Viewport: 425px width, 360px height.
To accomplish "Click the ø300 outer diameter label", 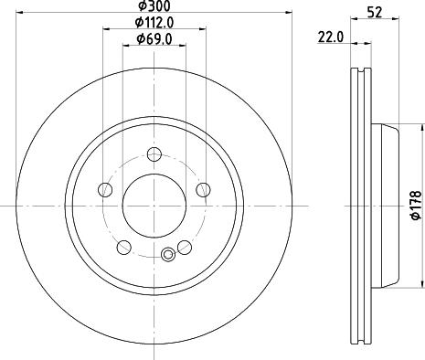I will (x=153, y=7).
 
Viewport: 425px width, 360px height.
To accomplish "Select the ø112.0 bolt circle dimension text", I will (x=153, y=22).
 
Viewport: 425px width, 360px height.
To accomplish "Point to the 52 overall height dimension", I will (x=375, y=12).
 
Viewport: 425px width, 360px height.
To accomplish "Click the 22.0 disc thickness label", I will (x=331, y=37).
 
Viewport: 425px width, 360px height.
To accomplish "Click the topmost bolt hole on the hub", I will (x=154, y=154).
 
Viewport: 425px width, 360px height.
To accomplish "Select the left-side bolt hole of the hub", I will (x=105, y=189).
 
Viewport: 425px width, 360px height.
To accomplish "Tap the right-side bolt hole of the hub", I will (x=201, y=189).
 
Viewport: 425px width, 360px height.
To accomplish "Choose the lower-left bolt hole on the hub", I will (x=123, y=246).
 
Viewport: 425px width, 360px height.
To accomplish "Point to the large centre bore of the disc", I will (x=153, y=204).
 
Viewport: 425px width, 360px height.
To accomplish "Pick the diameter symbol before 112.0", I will (x=138, y=22).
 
